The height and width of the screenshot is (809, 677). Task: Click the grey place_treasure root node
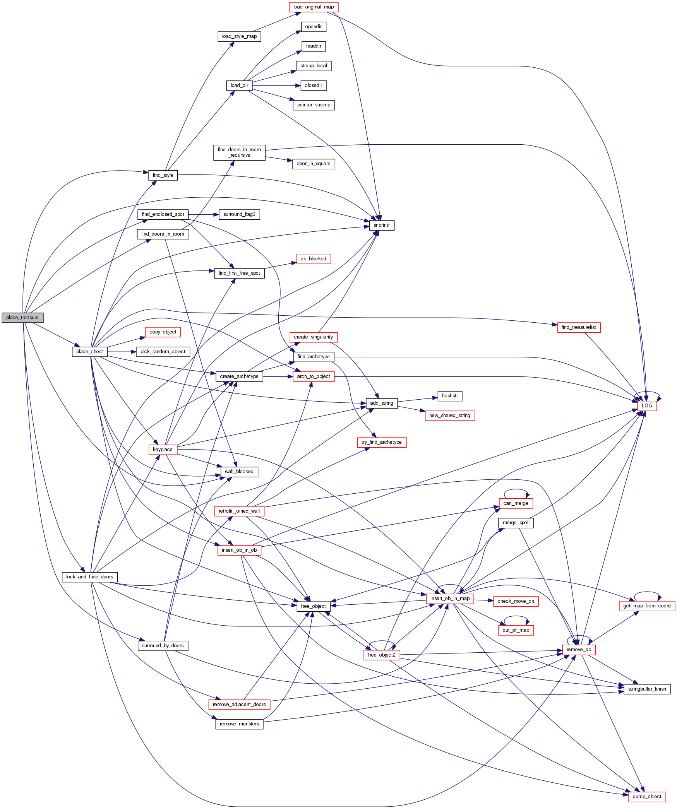coord(22,318)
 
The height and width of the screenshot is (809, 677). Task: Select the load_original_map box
coord(314,7)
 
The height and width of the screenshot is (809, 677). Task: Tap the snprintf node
coord(382,225)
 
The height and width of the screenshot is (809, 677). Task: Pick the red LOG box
coord(647,406)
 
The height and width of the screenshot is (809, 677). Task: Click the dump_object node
coord(647,797)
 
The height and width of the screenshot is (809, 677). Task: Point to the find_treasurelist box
coord(579,327)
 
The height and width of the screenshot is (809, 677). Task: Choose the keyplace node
coord(163,450)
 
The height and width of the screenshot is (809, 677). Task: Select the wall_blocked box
coord(239,472)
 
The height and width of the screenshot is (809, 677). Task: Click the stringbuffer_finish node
coord(647,689)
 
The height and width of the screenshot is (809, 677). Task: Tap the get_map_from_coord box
coord(647,606)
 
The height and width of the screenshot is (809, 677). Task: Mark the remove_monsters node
coord(239,724)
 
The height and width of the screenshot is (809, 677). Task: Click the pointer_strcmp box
coord(314,105)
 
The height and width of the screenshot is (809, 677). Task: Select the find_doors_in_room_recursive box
coord(239,152)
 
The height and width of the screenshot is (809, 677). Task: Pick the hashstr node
coord(450,396)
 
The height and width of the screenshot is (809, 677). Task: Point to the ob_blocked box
coord(314,259)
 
